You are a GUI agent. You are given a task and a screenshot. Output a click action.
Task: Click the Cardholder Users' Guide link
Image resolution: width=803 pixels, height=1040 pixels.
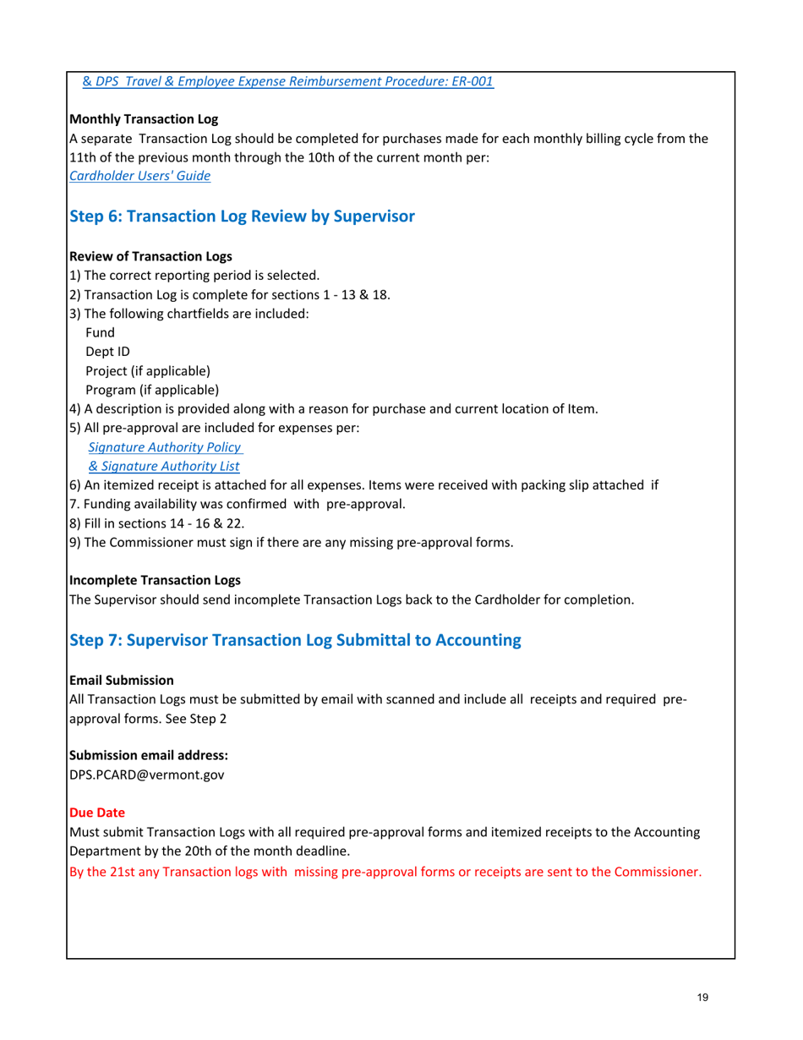coord(139,176)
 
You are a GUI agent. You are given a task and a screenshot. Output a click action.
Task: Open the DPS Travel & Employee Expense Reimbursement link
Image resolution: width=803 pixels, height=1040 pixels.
coord(287,82)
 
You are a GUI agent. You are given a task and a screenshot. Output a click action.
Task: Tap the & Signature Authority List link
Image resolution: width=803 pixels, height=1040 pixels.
coord(164,466)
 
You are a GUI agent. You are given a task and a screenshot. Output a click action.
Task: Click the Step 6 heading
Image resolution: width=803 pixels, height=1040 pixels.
coord(242,216)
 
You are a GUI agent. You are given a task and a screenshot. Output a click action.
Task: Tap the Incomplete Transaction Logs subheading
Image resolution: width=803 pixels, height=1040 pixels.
coord(155,581)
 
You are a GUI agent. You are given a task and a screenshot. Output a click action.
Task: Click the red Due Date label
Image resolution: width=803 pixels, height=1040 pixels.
coord(96,813)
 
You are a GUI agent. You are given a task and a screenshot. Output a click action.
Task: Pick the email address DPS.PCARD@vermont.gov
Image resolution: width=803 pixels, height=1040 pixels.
coord(146,773)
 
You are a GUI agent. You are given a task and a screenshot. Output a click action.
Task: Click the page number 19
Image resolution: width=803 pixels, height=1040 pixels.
coord(702,998)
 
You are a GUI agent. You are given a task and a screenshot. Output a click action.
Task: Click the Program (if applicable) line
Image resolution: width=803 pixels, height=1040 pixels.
coord(152,390)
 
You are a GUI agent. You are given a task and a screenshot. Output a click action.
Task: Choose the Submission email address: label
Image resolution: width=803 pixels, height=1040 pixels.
coord(148,754)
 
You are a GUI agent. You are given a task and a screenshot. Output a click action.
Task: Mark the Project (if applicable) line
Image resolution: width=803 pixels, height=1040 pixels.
coord(148,370)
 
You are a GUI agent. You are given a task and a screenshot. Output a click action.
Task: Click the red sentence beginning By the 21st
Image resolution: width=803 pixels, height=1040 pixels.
coord(385,871)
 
